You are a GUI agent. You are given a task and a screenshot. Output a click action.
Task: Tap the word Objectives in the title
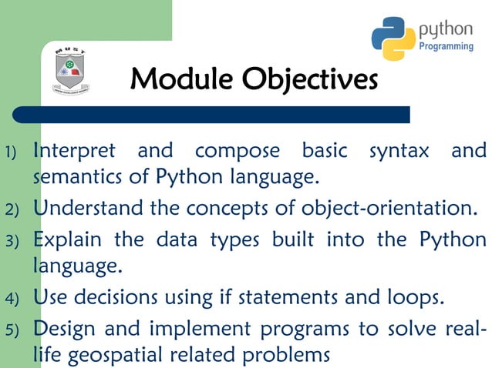click(x=309, y=79)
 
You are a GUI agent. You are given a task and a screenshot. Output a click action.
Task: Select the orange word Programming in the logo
click(x=446, y=47)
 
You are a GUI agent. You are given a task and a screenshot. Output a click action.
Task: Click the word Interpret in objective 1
click(x=74, y=150)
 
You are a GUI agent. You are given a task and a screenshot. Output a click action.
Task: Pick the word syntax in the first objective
click(x=399, y=150)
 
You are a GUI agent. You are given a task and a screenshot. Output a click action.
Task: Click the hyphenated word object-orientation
click(x=389, y=209)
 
